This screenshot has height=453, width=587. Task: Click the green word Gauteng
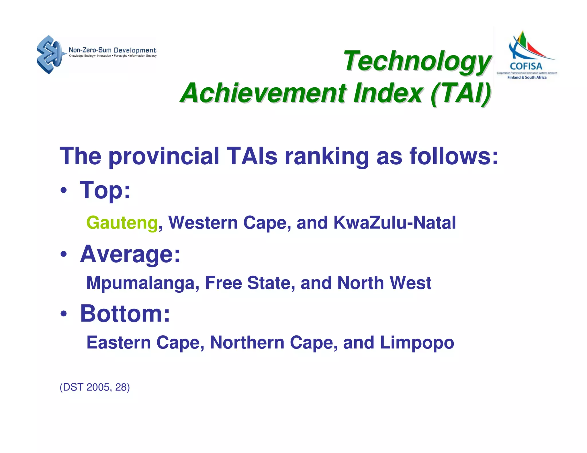click(122, 223)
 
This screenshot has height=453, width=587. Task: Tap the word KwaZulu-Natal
click(394, 222)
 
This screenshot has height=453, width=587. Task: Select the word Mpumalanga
click(143, 283)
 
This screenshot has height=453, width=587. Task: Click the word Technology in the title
click(417, 61)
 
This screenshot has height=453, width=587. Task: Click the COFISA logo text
click(526, 66)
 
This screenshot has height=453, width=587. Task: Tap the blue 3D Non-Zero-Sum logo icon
click(49, 54)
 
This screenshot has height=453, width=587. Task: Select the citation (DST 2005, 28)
click(95, 387)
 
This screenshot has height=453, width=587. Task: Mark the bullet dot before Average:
click(64, 254)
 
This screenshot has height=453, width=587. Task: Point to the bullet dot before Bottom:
click(64, 314)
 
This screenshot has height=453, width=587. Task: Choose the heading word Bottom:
click(125, 314)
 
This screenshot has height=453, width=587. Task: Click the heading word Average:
click(130, 254)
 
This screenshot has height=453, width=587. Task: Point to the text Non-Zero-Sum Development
click(112, 50)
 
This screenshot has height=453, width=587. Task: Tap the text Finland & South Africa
click(527, 77)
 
